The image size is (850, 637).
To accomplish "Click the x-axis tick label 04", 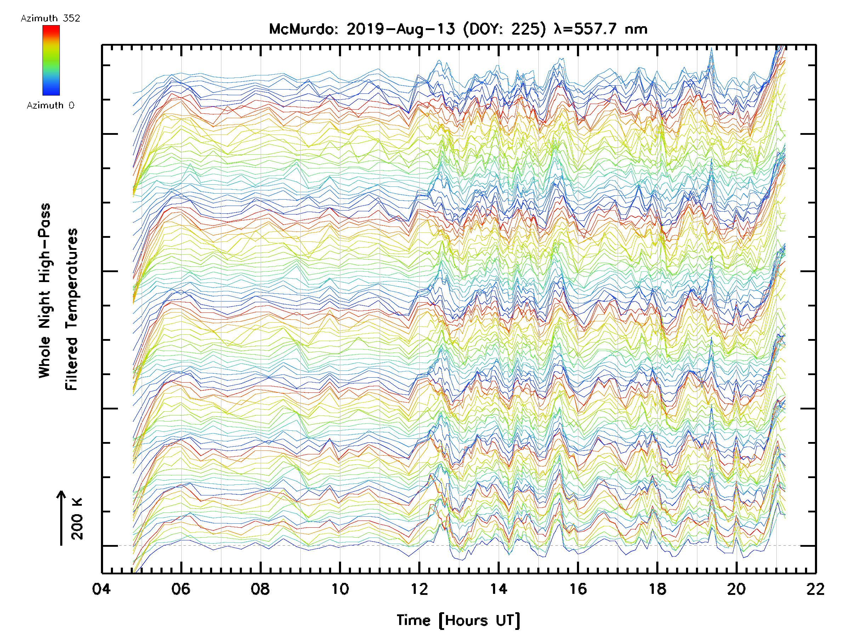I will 101,589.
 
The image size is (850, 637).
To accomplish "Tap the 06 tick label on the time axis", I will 181,589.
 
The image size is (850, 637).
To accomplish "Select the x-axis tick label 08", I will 260,589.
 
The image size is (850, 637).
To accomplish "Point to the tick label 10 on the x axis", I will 340,589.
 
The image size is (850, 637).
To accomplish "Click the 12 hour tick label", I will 419,589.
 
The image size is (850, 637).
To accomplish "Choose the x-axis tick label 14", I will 498,589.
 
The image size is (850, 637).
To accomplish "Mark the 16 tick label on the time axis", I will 578,589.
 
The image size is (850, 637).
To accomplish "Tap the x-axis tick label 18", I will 657,589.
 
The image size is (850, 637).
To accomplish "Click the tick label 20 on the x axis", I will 736,589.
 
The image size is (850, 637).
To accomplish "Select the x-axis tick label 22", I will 815,589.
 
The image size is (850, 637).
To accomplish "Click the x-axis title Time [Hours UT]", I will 458,620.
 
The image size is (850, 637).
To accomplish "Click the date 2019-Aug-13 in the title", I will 401,29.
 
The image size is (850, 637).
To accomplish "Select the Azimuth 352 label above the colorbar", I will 50,18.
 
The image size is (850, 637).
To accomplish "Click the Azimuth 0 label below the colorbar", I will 50,105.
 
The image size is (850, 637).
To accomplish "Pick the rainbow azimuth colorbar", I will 51,60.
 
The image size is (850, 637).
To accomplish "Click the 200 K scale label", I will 77,519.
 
